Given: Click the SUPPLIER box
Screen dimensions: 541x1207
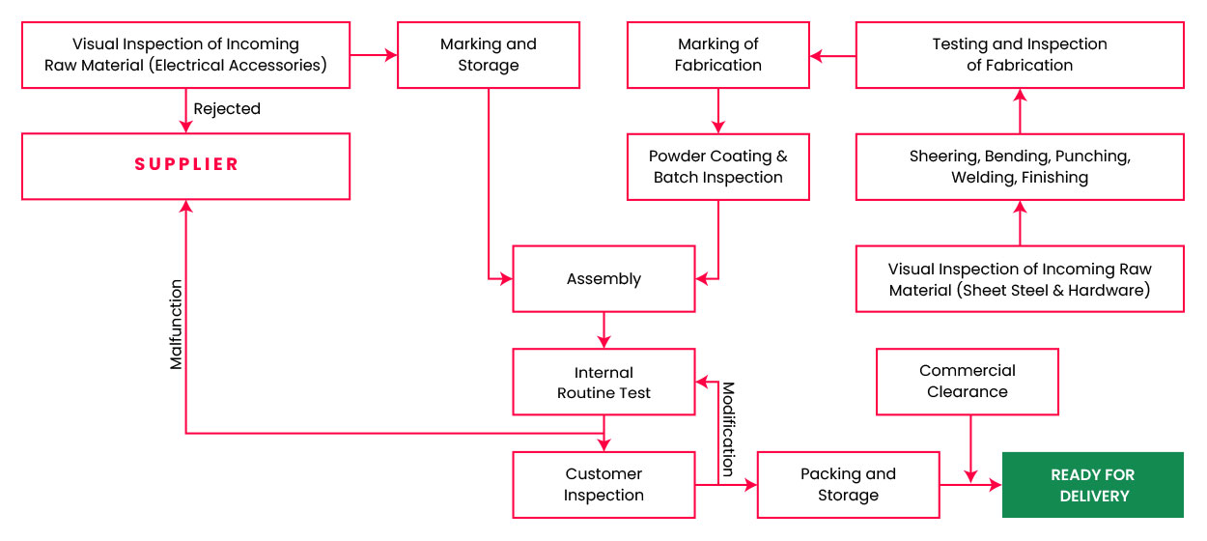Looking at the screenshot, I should click(x=185, y=166).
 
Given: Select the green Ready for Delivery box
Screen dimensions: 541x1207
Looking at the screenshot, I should click(x=1092, y=485).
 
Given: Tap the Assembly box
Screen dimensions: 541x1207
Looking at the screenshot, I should click(x=603, y=279).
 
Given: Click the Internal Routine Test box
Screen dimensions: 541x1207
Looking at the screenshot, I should click(x=603, y=383).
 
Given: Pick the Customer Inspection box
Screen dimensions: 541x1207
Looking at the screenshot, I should click(x=603, y=485).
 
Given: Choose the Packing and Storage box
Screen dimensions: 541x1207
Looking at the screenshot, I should click(x=848, y=485).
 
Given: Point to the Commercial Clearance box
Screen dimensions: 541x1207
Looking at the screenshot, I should click(x=967, y=382).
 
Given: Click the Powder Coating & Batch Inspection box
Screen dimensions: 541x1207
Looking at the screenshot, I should click(x=717, y=167).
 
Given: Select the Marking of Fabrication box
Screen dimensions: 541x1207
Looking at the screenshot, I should click(x=717, y=55).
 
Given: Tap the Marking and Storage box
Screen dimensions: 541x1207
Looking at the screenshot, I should click(x=488, y=55).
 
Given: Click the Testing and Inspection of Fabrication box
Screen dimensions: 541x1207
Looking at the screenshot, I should click(x=1019, y=55).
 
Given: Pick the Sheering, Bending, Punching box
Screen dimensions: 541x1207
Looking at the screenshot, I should click(x=1019, y=167).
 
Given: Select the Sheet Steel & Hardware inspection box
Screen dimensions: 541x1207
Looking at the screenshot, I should click(x=1019, y=279).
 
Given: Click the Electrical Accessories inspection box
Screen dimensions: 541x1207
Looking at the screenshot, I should click(x=185, y=55).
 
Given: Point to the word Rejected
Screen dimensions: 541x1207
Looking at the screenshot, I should click(x=227, y=109).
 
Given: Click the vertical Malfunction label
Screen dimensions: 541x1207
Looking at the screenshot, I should click(x=176, y=325).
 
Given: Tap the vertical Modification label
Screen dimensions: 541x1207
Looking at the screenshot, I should click(x=728, y=429).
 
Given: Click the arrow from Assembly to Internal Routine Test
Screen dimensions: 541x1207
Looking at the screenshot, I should click(x=603, y=330).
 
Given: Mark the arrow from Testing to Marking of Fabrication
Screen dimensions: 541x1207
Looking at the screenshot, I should click(x=832, y=56).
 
